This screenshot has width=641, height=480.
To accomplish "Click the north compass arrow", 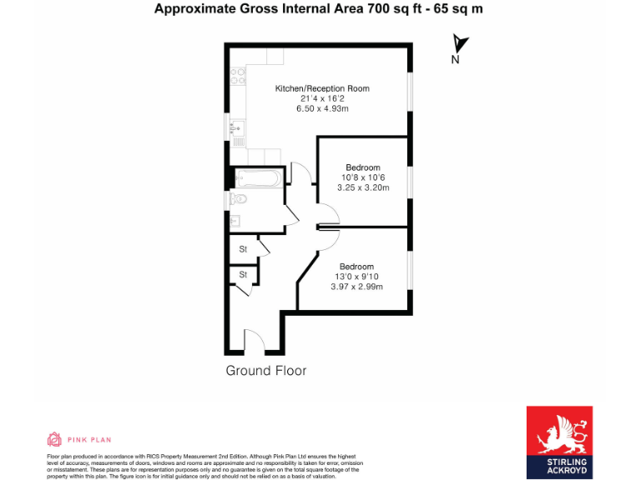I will click(459, 45).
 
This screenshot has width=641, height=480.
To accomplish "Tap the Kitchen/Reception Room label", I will click(322, 88).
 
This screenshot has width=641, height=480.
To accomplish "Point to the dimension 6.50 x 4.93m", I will click(322, 108).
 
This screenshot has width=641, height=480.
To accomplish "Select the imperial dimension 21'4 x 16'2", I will click(322, 98).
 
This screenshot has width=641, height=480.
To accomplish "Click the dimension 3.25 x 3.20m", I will click(363, 187).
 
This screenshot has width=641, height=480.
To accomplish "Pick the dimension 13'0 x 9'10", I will click(356, 277).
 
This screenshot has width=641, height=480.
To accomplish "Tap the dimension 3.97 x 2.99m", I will click(356, 287).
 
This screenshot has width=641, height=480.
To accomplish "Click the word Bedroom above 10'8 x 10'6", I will click(363, 167).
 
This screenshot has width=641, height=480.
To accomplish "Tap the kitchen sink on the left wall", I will click(237, 128).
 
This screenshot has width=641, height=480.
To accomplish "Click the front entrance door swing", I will click(254, 340).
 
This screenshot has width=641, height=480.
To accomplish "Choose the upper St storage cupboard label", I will click(244, 249).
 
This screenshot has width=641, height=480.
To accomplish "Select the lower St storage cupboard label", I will click(244, 274).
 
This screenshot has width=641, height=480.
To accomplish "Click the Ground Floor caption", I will click(266, 371).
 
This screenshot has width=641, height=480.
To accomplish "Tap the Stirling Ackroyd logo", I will click(559, 442).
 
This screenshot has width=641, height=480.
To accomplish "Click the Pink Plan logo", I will click(79, 439).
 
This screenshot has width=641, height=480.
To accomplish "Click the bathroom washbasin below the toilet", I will click(236, 221).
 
